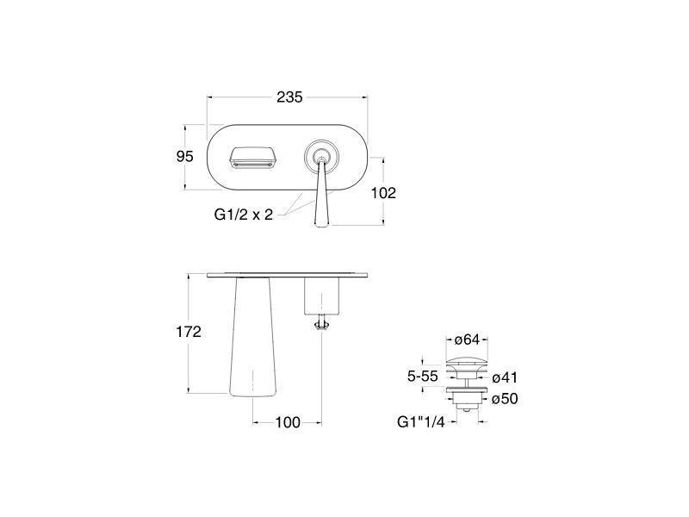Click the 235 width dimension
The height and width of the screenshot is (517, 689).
(289, 97)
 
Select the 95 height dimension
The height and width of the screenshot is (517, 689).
(184, 156)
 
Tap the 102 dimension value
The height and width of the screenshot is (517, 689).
(383, 192)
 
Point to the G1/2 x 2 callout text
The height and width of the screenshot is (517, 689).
(244, 215)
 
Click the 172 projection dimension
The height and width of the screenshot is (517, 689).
(189, 332)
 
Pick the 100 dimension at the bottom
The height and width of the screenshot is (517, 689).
(288, 422)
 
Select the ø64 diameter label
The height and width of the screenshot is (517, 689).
(467, 339)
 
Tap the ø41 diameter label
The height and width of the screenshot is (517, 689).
(505, 377)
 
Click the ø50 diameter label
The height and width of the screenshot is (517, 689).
(505, 399)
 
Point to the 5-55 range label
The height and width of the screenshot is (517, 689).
(423, 377)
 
